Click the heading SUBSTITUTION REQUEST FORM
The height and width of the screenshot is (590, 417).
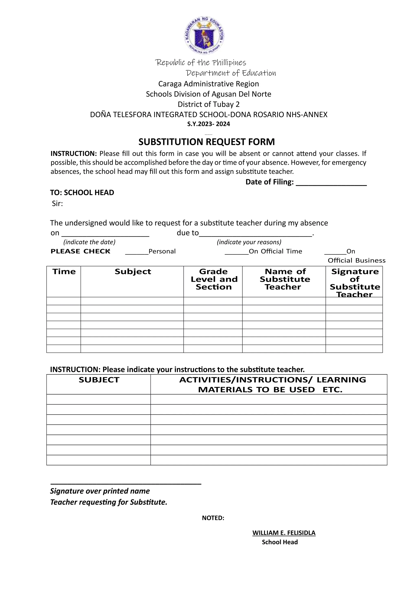[x=207, y=142]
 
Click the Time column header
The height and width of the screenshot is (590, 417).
[x=64, y=272]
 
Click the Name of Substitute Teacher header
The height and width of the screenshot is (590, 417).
[x=284, y=279]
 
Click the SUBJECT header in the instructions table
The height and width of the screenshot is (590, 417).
[x=99, y=380]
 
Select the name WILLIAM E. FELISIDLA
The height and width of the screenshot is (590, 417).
[x=284, y=533]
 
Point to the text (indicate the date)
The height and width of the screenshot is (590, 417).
[x=89, y=242]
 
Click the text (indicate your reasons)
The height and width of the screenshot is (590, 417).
[x=249, y=242]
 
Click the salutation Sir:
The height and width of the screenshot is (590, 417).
[x=57, y=204]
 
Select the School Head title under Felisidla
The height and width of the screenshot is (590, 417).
[x=280, y=542]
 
